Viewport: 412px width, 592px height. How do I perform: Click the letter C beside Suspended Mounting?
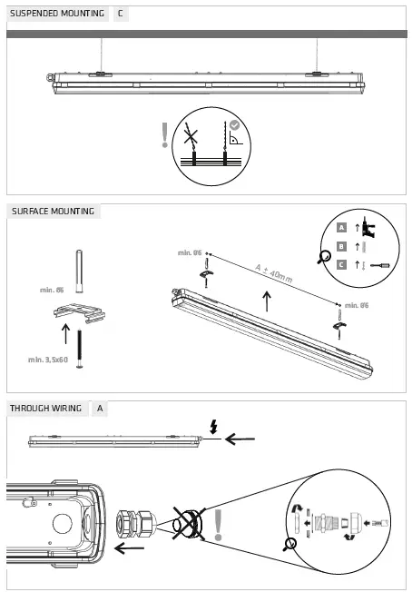(121, 14)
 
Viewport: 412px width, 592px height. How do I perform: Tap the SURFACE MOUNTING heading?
(52, 212)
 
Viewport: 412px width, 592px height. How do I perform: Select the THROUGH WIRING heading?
(44, 409)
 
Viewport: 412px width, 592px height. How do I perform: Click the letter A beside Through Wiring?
(100, 409)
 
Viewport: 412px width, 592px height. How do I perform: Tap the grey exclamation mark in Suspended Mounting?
(164, 135)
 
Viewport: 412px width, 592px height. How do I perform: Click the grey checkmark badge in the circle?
(234, 125)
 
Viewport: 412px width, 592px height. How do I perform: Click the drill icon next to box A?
(367, 226)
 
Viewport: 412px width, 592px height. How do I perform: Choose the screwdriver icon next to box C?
(380, 264)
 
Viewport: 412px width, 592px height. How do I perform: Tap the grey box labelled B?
(341, 246)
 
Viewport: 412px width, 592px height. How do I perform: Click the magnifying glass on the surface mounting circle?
(323, 257)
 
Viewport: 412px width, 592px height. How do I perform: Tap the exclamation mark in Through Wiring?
(218, 524)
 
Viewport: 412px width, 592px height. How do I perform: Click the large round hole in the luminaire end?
(62, 524)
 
